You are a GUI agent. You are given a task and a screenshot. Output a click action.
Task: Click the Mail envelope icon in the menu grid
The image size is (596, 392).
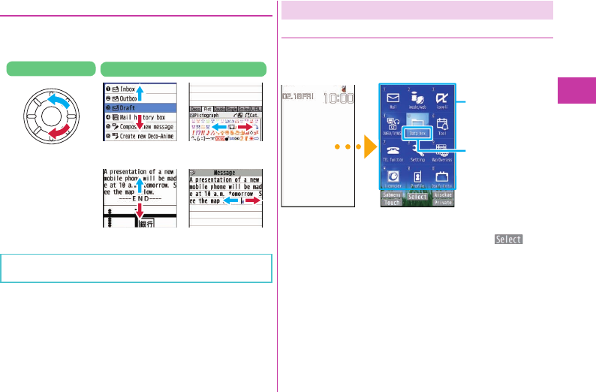(392, 98)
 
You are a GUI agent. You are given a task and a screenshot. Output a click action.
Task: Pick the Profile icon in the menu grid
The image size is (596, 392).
(416, 181)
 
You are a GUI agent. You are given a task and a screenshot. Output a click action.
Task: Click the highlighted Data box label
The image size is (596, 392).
(417, 133)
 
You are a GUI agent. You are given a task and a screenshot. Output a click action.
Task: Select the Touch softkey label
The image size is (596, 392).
(392, 203)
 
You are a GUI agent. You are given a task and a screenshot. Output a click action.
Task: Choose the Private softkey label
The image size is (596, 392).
(443, 203)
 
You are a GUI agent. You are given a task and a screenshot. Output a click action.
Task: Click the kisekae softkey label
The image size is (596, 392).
(443, 195)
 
